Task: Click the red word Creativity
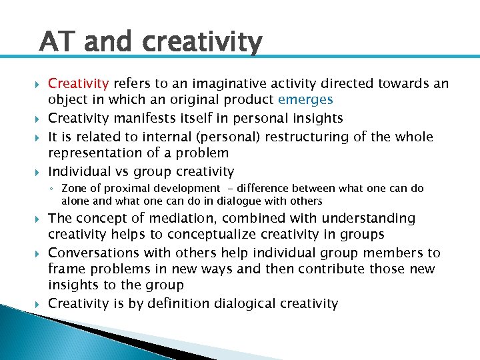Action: pyautogui.click(x=79, y=83)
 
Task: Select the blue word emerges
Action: pyautogui.click(x=305, y=99)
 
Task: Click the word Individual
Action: pyautogui.click(x=79, y=171)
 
